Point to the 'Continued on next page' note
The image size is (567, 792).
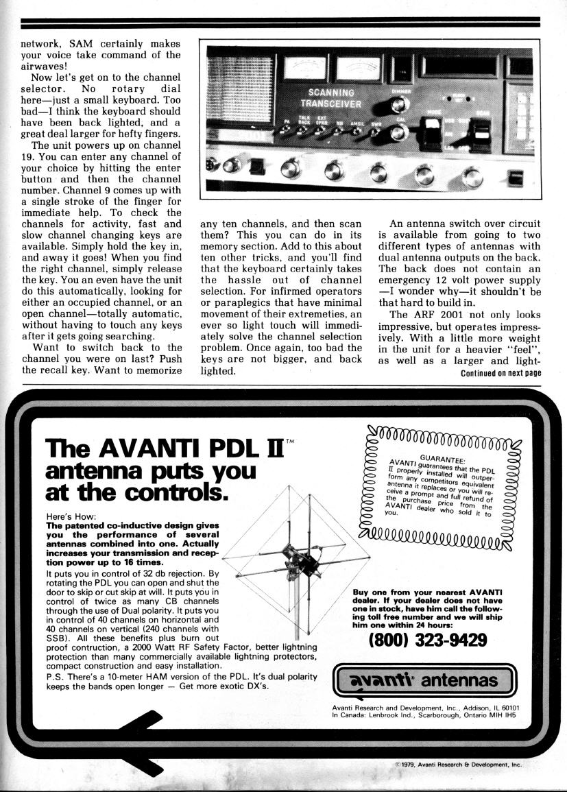pyautogui.click(x=500, y=373)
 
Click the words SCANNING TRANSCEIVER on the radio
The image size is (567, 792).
pyautogui.click(x=331, y=97)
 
